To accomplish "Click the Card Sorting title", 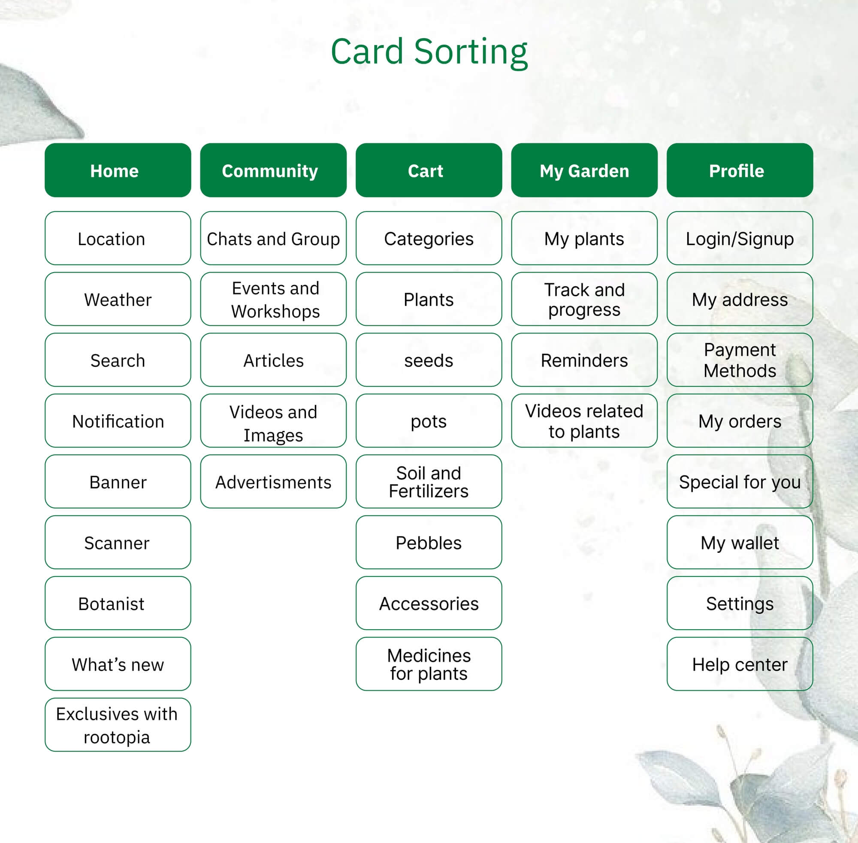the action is point(429,52).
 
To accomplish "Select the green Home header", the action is point(118,170).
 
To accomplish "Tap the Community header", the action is point(273,170).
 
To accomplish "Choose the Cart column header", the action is point(429,170).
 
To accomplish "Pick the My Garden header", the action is point(584,170).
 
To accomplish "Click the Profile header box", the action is point(740,170).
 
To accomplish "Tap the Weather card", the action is point(118,299).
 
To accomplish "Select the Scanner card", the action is point(118,542).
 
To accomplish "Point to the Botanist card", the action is point(118,603).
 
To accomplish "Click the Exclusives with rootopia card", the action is point(118,725).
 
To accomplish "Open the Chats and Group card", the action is point(273,238).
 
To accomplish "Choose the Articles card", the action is point(273,360).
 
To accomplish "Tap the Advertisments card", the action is point(273,481).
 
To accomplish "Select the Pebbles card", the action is point(429,542).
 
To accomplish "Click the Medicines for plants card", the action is point(429,664).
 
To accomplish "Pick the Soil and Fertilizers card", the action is point(429,481).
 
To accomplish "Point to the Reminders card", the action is point(584,360).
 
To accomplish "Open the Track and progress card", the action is point(584,299).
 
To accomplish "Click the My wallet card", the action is point(740,542).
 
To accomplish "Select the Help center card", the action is point(740,664).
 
